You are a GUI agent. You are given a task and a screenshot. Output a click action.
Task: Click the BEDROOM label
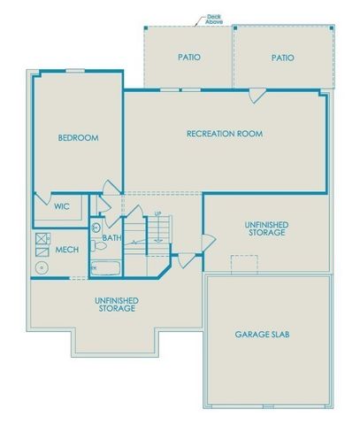(78, 138)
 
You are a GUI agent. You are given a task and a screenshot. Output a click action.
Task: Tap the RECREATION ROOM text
(225, 134)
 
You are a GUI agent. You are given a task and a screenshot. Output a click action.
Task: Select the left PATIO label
(188, 58)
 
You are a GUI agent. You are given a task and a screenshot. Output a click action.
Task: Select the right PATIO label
(282, 58)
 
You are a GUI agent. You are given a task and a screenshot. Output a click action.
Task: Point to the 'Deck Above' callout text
(213, 18)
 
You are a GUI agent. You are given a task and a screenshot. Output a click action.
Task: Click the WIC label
(62, 206)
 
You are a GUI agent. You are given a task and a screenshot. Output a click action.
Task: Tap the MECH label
(66, 250)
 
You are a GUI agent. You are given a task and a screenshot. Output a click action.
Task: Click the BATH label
(111, 238)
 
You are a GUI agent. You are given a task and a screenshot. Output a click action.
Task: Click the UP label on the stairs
(157, 213)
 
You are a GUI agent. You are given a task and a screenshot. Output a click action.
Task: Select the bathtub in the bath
(107, 268)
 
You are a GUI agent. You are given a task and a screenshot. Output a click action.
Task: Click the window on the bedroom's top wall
(76, 71)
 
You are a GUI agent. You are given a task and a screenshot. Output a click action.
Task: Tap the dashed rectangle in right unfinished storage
(244, 264)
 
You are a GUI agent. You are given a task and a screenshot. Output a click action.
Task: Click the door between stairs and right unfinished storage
(207, 241)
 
